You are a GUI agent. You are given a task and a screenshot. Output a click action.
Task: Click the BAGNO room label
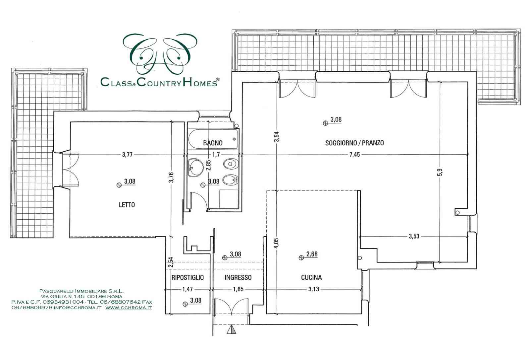point(213,143)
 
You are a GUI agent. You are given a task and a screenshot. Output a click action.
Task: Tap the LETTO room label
point(127,205)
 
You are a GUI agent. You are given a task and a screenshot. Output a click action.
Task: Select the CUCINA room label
point(311,277)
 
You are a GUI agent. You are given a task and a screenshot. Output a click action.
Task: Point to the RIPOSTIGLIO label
point(187,277)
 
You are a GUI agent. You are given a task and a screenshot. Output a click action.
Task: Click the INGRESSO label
point(238,277)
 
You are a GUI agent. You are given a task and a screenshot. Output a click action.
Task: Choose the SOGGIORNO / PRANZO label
point(354,143)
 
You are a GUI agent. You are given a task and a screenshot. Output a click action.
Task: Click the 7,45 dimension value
point(355,155)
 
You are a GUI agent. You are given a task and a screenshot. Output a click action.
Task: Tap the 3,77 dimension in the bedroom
point(127,155)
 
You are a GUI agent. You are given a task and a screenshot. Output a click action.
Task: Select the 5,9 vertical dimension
point(440,172)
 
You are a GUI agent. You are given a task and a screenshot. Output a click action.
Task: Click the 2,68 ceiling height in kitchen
point(312,254)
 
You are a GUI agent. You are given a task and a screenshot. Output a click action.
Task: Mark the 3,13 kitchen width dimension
point(314,289)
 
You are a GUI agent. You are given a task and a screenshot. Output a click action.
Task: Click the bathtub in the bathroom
point(213,139)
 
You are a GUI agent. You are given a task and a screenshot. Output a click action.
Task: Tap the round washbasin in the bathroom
point(196,167)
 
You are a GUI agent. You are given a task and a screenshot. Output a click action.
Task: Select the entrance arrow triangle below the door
point(232,330)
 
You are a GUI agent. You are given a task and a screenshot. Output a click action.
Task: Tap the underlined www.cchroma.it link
point(129,308)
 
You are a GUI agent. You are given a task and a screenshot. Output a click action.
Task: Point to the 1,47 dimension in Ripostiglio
point(187,289)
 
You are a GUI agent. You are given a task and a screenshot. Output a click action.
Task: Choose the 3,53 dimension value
point(414,236)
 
